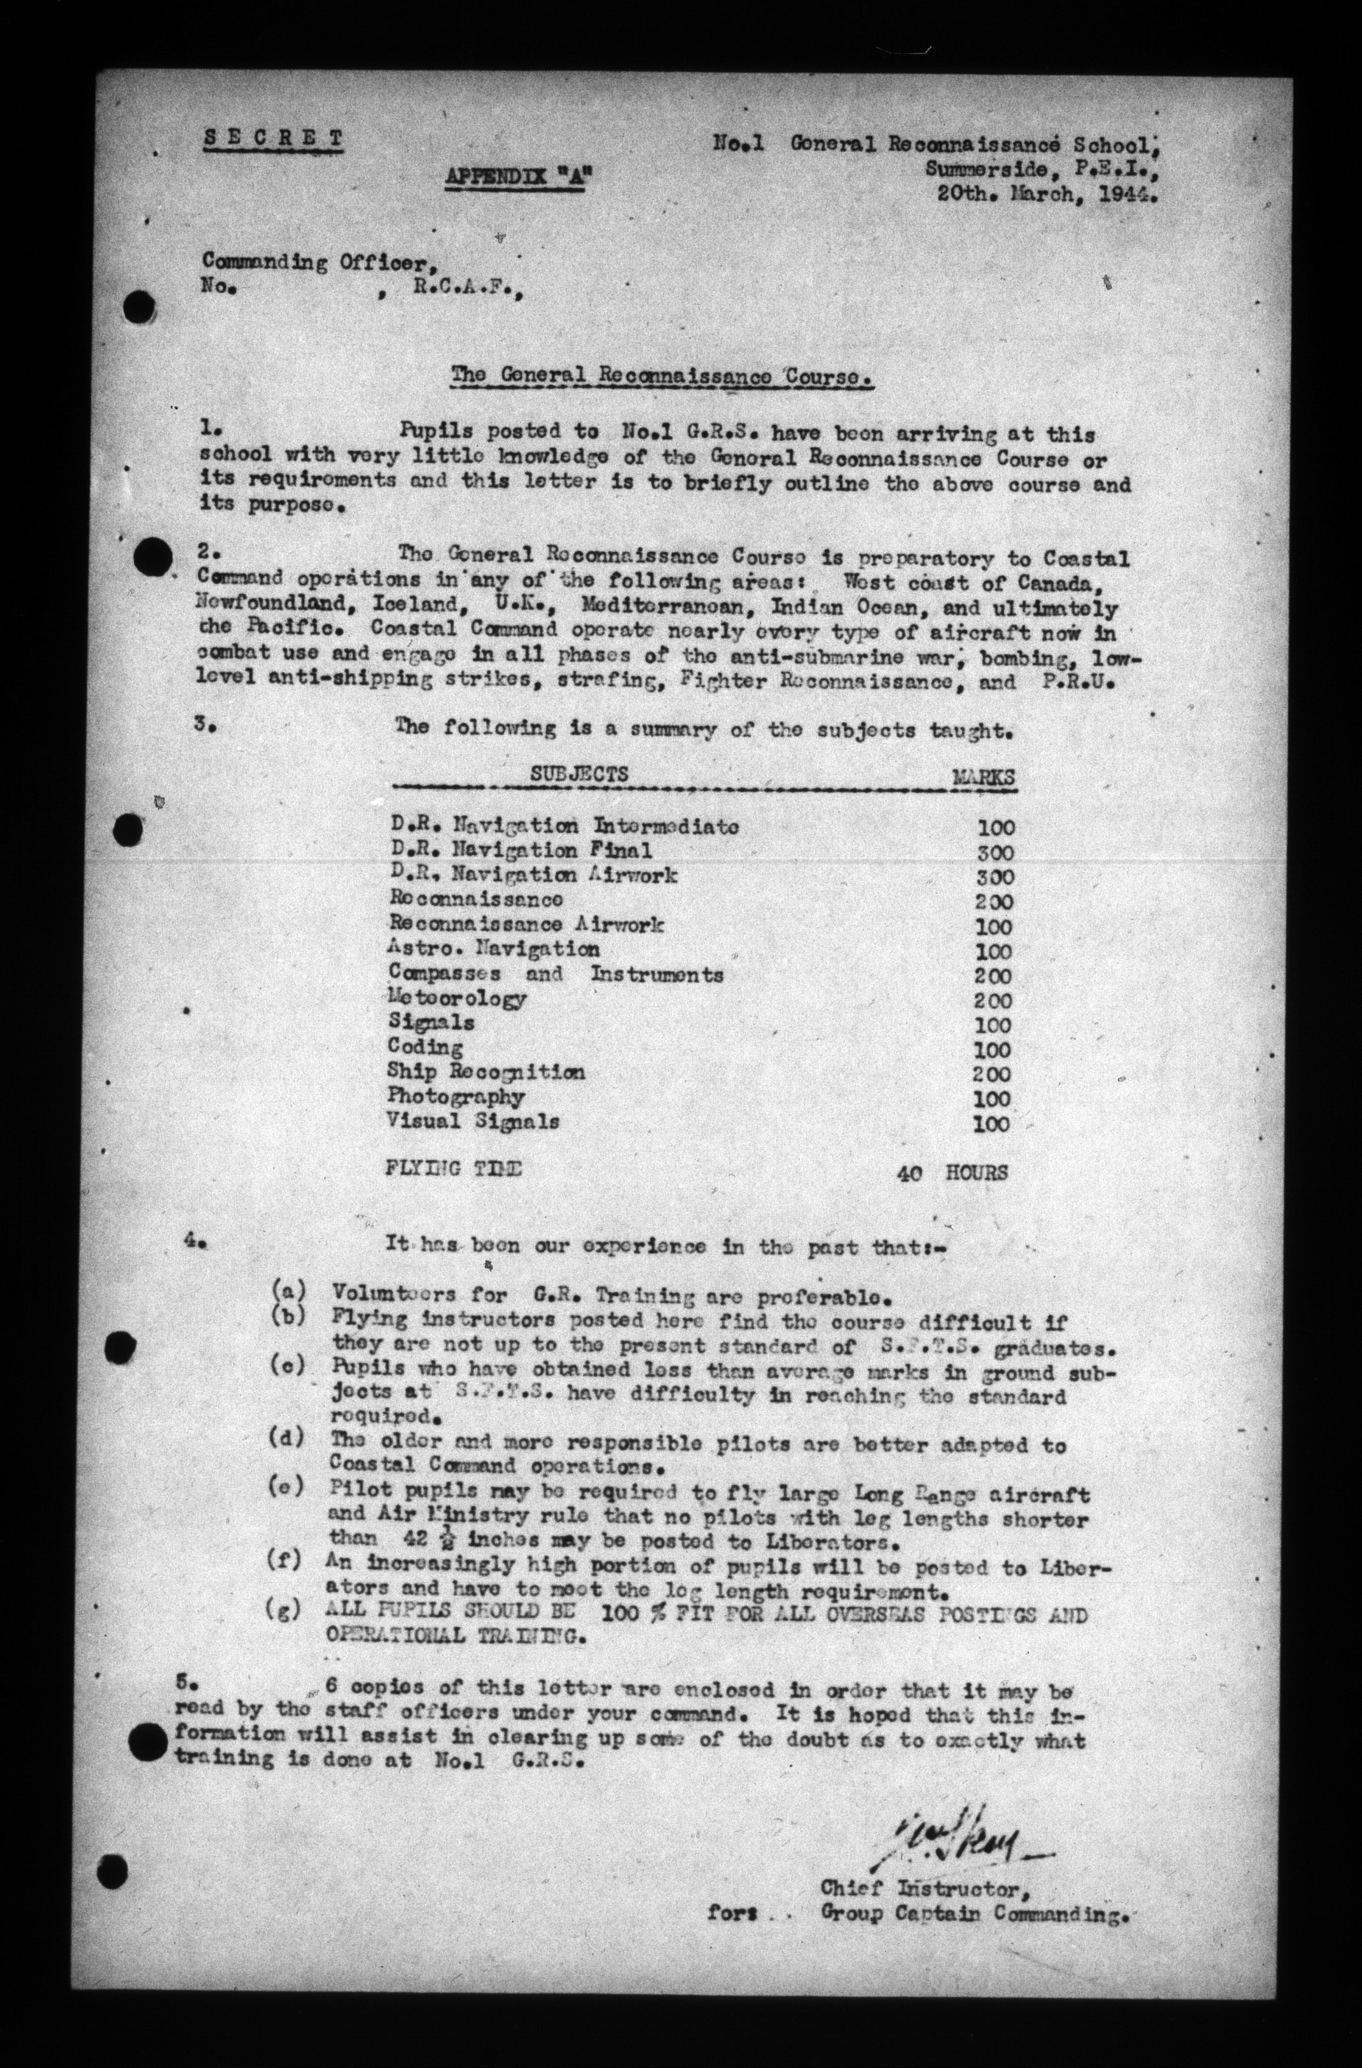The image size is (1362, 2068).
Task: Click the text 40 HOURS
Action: (952, 1172)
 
